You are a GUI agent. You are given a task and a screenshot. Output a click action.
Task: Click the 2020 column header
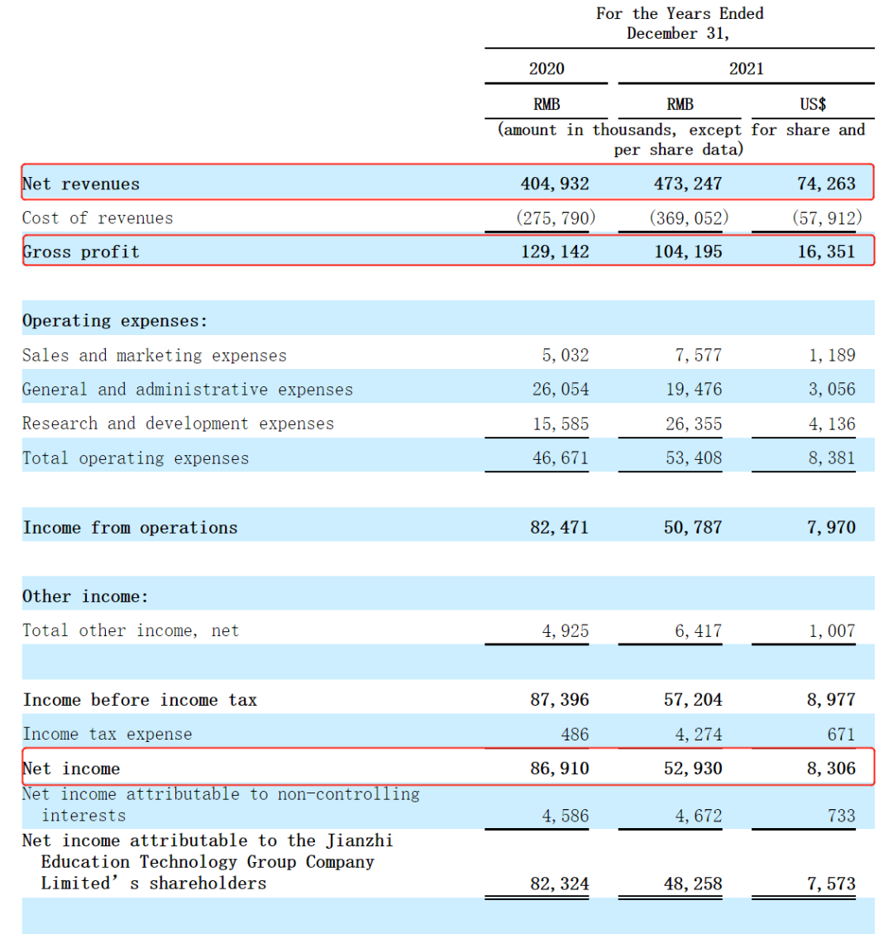(x=547, y=69)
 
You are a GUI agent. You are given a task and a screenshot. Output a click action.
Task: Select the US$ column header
(x=813, y=104)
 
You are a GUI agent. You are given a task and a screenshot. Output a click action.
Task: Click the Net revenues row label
(x=81, y=184)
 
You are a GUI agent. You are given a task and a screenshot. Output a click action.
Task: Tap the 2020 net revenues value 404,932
(x=555, y=184)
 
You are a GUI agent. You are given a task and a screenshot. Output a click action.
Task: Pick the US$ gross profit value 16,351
(x=826, y=251)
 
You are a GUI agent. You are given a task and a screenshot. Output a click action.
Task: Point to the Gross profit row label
(x=81, y=251)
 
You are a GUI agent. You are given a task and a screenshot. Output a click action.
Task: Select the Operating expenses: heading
(x=115, y=321)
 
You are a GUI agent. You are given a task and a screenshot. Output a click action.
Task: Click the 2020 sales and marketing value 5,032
(x=566, y=356)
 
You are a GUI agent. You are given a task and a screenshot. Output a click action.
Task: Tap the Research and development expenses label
(x=178, y=424)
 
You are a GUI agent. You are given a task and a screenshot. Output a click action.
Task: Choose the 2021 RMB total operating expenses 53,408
(x=694, y=458)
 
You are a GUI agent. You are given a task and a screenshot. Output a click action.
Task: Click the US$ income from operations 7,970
(x=831, y=528)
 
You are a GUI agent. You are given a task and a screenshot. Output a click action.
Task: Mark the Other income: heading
(x=85, y=596)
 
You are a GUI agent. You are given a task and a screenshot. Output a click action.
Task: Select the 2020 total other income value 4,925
(x=566, y=631)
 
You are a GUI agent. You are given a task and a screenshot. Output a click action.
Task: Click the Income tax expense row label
(x=107, y=735)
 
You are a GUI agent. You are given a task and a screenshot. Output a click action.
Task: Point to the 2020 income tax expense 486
(x=575, y=735)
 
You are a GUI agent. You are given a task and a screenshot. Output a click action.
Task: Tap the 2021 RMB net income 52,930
(x=693, y=769)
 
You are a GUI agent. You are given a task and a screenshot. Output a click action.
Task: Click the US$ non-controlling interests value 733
(x=841, y=816)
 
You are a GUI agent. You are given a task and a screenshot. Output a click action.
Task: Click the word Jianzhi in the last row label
(x=360, y=841)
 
